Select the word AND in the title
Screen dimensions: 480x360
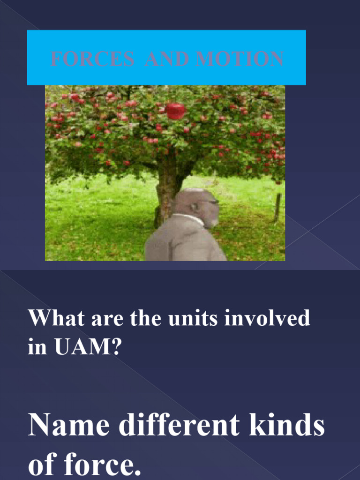coord(167,60)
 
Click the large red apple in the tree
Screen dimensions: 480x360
coord(175,111)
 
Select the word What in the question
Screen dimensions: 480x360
coord(57,319)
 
